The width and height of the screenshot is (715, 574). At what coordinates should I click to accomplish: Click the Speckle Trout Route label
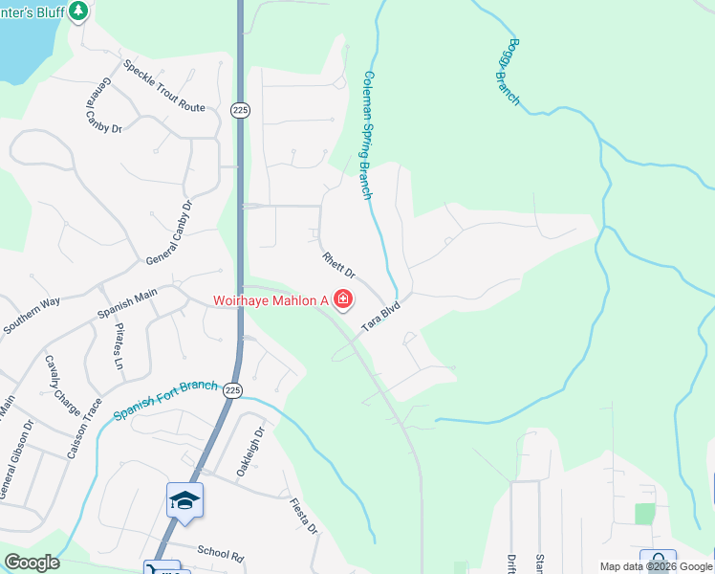pos(163,87)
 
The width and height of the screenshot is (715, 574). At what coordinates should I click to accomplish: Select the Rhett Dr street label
pos(338,264)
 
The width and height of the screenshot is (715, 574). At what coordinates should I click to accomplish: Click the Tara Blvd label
pos(379,319)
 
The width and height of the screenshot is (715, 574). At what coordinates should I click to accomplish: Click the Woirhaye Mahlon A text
pos(270,300)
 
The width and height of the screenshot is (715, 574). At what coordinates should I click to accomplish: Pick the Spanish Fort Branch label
pos(164,400)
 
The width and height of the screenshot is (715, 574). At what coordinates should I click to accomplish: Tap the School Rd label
pos(221,552)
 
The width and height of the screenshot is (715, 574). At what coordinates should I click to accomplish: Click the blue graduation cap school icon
pos(184,500)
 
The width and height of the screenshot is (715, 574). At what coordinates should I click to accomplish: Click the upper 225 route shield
pos(240,110)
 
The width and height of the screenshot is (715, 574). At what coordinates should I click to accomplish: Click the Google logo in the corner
pos(32,563)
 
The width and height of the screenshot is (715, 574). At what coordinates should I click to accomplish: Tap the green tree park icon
pos(78,11)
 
